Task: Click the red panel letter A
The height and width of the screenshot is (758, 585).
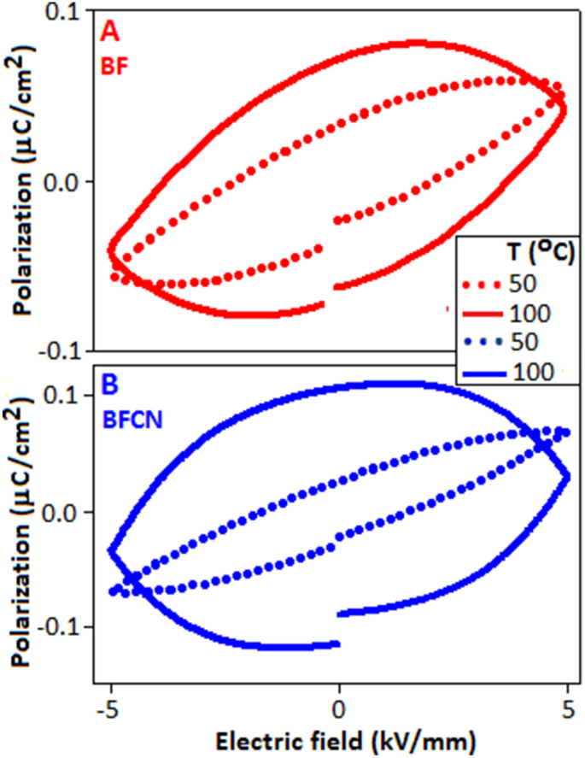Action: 110,32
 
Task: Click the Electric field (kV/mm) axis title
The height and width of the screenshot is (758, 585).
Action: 339,737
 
